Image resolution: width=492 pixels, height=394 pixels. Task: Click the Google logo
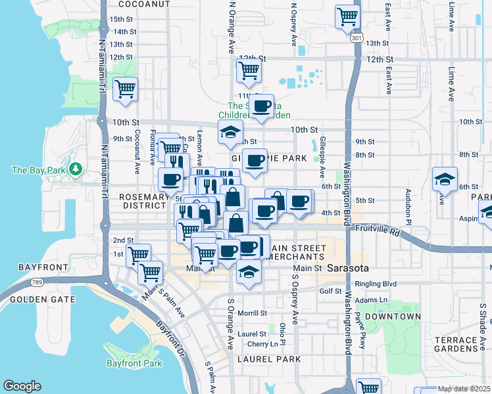click(22, 386)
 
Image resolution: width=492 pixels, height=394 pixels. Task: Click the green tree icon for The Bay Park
click(76, 170)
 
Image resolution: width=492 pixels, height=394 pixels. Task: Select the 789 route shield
click(37, 283)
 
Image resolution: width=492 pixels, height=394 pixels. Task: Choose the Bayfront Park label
click(134, 363)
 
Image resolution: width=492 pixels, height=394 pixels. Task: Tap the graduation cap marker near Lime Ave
click(445, 179)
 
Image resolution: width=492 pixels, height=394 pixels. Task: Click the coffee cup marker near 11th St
click(262, 105)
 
